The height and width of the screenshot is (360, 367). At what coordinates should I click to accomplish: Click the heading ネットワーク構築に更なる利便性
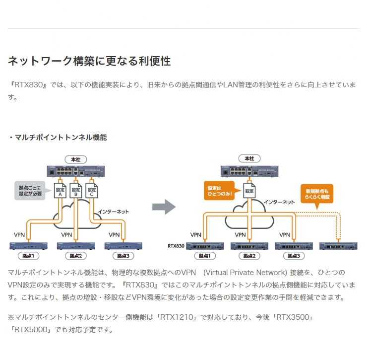[89, 61]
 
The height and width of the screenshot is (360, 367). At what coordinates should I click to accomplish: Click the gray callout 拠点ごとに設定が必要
[31, 191]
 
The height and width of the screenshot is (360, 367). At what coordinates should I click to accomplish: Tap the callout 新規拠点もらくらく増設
[317, 194]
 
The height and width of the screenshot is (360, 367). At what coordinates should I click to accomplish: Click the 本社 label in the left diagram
[75, 159]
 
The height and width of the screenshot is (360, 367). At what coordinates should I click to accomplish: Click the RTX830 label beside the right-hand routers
[176, 246]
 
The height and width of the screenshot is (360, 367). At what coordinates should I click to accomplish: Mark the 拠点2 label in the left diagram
[75, 256]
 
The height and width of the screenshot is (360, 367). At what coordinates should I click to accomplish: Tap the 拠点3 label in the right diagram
[294, 256]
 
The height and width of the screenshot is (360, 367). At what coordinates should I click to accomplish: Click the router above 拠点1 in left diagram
[28, 246]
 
